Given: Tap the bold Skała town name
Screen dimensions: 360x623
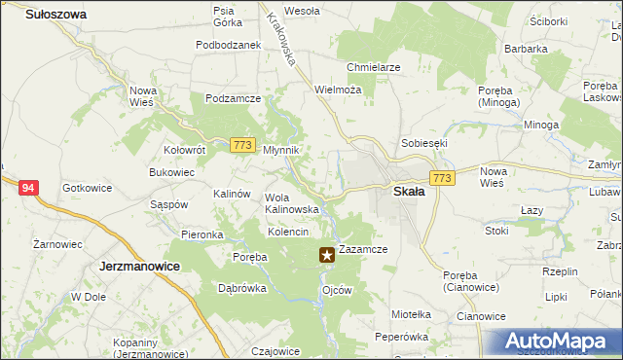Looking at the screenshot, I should (409, 192).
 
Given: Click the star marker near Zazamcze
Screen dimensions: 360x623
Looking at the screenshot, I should (327, 256).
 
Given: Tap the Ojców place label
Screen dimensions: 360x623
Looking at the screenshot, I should (336, 289).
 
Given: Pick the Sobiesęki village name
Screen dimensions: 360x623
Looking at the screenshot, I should (419, 143).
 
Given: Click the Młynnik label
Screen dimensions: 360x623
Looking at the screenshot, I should (281, 150).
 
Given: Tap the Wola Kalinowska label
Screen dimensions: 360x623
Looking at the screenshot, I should (292, 202).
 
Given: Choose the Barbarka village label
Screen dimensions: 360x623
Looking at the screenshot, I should (526, 47).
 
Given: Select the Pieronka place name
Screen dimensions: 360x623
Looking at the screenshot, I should (202, 235).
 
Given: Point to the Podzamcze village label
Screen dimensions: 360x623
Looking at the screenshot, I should (232, 98).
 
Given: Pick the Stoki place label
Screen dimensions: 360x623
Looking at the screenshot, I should (496, 232).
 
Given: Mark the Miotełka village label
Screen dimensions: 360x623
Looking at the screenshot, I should (410, 314).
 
